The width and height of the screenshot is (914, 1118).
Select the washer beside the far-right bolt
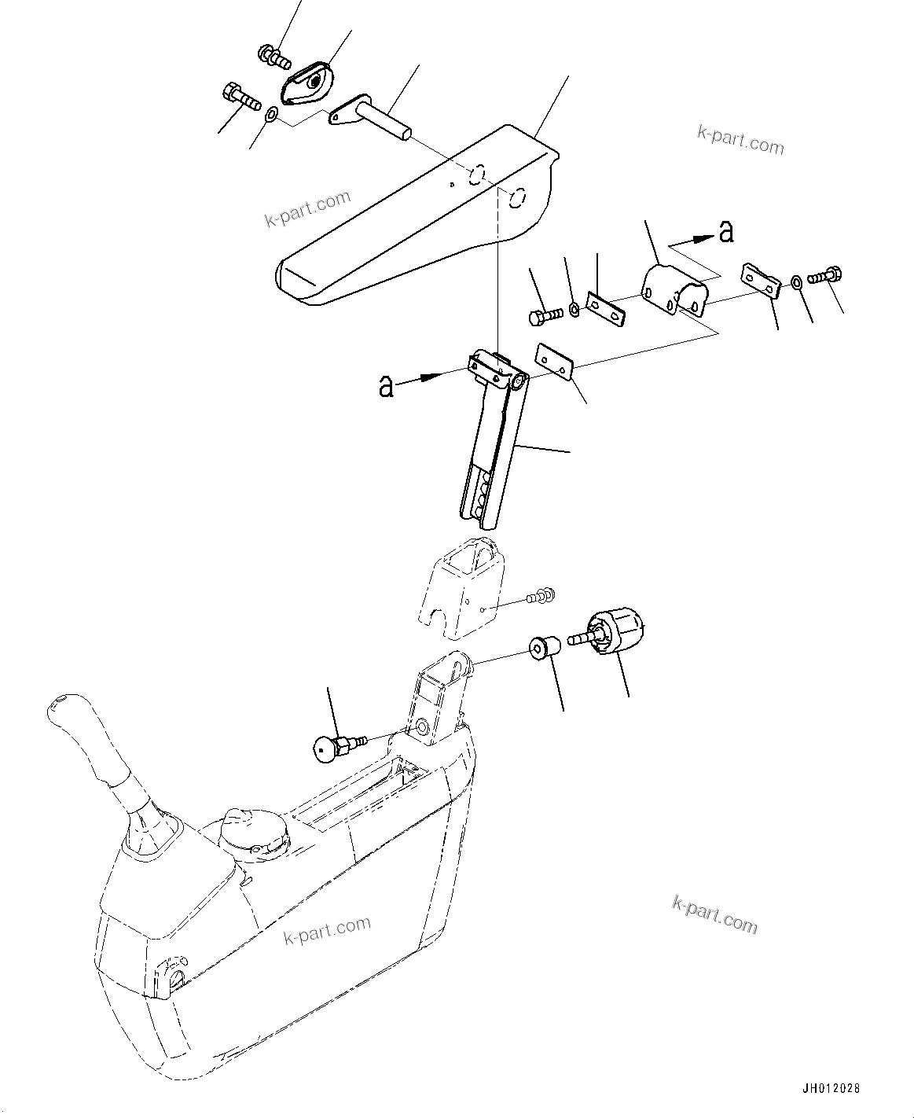click(797, 281)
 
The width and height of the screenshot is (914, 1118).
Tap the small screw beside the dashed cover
click(541, 597)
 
